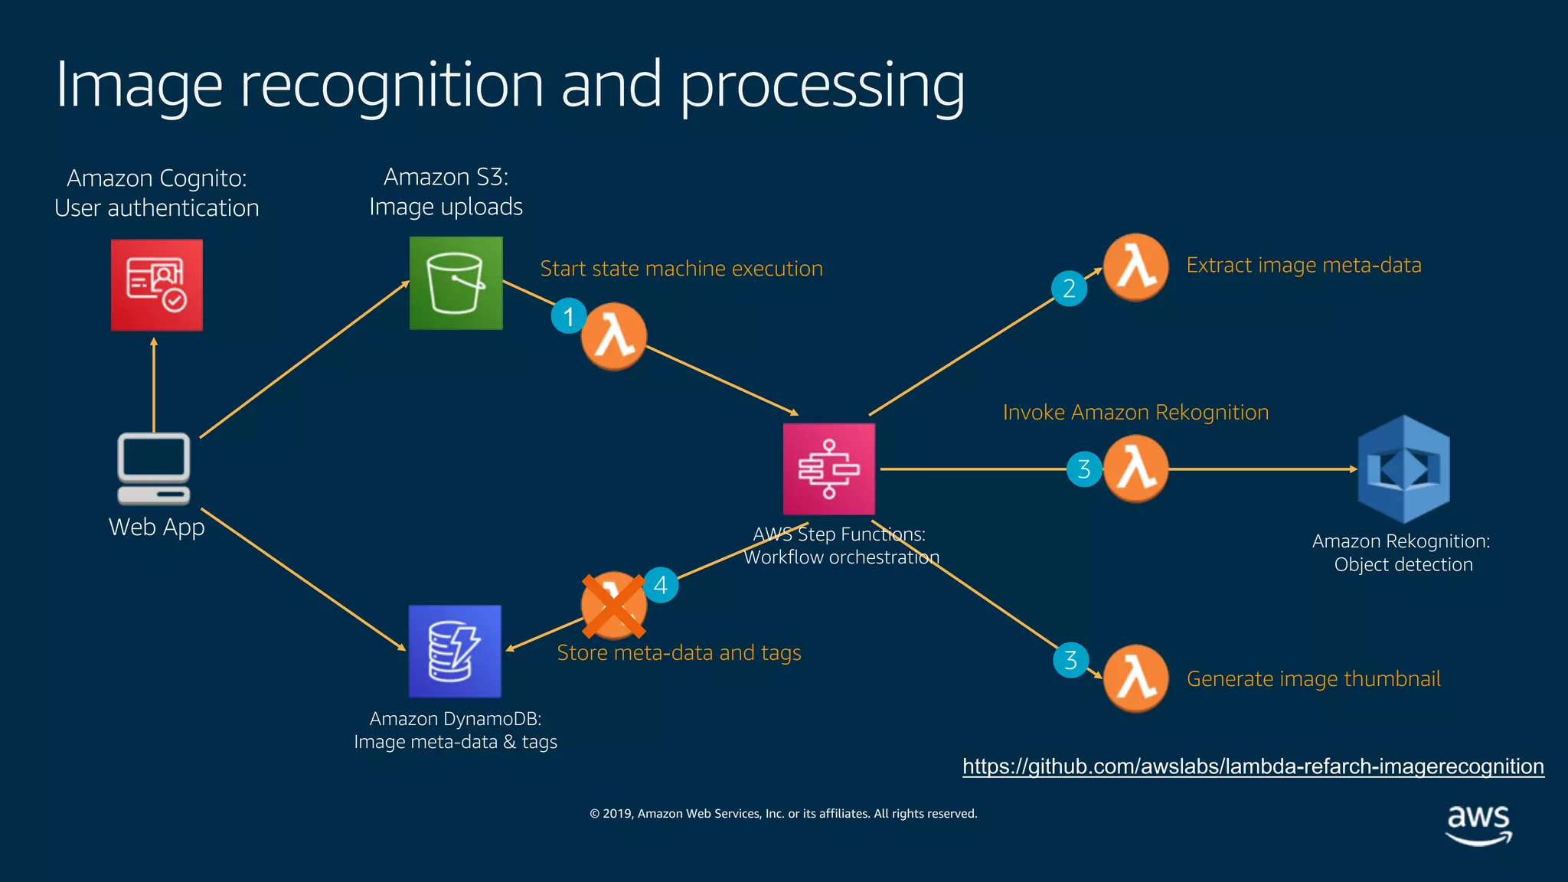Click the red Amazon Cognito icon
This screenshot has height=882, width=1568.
pyautogui.click(x=157, y=285)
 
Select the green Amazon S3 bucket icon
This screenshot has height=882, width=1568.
pyautogui.click(x=456, y=283)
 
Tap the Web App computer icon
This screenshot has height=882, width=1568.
pyautogui.click(x=154, y=469)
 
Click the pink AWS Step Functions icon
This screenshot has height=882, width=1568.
pyautogui.click(x=828, y=469)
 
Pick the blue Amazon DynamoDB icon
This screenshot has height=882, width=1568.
pyautogui.click(x=455, y=652)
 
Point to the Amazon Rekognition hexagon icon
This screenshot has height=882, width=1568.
pyautogui.click(x=1403, y=469)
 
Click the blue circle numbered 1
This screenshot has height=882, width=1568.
pyautogui.click(x=569, y=316)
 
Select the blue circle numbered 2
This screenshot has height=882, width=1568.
pyautogui.click(x=1070, y=289)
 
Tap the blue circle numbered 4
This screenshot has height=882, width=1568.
pyautogui.click(x=661, y=586)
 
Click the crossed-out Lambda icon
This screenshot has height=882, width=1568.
pyautogui.click(x=613, y=606)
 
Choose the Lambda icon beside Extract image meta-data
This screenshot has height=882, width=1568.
pyautogui.click(x=1135, y=267)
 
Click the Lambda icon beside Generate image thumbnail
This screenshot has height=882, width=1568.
pyautogui.click(x=1135, y=678)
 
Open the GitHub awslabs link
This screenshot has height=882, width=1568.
pyautogui.click(x=1253, y=766)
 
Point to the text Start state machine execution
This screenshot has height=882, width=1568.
pyautogui.click(x=681, y=269)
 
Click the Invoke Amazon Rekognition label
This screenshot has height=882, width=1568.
pyautogui.click(x=1135, y=413)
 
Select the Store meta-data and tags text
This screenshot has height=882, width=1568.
pyautogui.click(x=678, y=653)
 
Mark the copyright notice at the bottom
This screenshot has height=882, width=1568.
pyautogui.click(x=783, y=814)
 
